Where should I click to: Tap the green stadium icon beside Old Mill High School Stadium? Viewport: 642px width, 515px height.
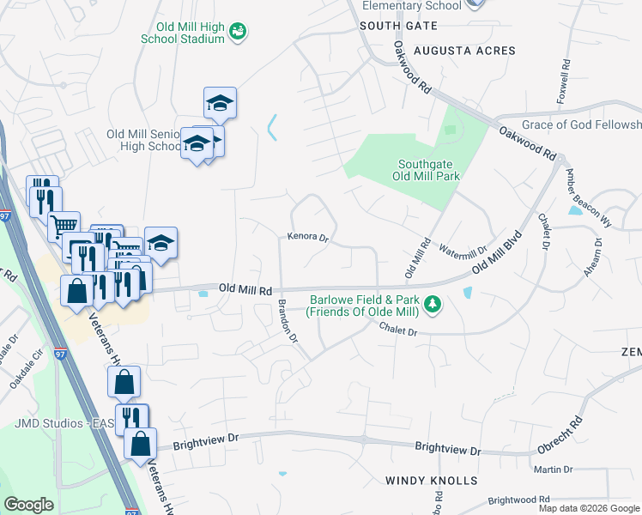click(x=239, y=33)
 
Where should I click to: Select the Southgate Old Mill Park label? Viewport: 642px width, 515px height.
click(x=428, y=170)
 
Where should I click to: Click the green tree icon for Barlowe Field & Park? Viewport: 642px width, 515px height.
click(x=434, y=305)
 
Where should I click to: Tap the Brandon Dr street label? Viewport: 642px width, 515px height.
click(x=287, y=322)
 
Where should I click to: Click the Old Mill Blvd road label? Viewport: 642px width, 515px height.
click(x=497, y=252)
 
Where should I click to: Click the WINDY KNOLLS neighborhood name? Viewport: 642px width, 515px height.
click(x=431, y=481)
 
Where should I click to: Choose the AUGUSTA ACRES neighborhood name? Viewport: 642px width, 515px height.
click(x=464, y=51)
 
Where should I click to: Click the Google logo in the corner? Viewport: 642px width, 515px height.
click(x=28, y=505)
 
